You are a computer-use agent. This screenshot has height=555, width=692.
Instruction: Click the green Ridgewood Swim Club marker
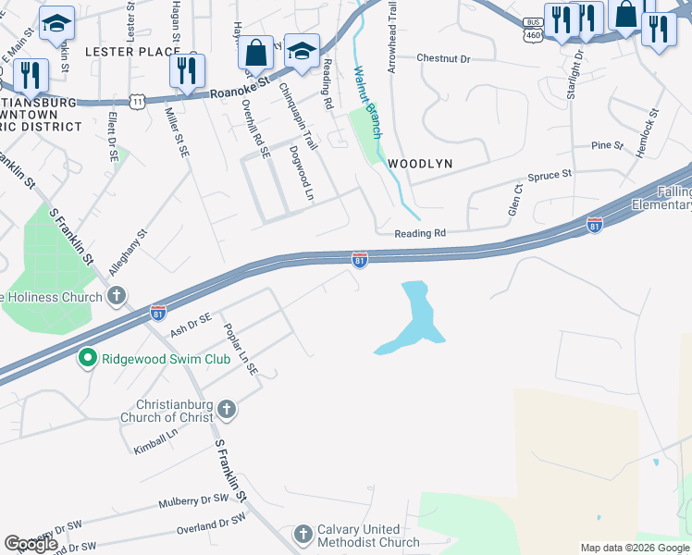(x=88, y=357)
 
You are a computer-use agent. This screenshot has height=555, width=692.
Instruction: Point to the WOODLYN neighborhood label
(x=420, y=163)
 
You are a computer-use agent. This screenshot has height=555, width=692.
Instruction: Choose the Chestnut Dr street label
(x=443, y=58)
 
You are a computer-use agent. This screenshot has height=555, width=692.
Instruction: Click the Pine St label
(x=607, y=146)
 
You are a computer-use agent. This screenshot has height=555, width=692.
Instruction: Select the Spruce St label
(x=550, y=174)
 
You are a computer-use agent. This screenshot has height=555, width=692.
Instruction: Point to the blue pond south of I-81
(x=414, y=320)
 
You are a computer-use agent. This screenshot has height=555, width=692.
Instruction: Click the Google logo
(x=31, y=545)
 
